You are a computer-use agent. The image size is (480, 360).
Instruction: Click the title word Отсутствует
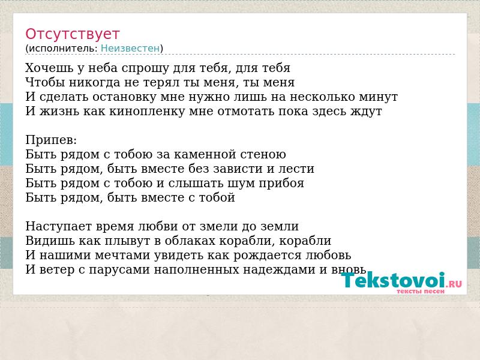point(72,34)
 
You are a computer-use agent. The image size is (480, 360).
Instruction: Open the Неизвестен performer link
point(130,49)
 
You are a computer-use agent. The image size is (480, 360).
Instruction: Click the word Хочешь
point(49,68)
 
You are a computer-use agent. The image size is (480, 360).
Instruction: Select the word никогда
point(95,82)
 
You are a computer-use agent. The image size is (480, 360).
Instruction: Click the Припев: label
point(51,140)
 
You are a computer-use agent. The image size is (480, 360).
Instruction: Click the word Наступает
point(58,227)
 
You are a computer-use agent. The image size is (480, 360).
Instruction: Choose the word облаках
point(190,241)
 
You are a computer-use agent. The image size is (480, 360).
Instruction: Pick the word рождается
point(265,256)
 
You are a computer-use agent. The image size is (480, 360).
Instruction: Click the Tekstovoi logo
point(401,280)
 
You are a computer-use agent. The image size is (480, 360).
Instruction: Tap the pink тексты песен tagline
point(421,291)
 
